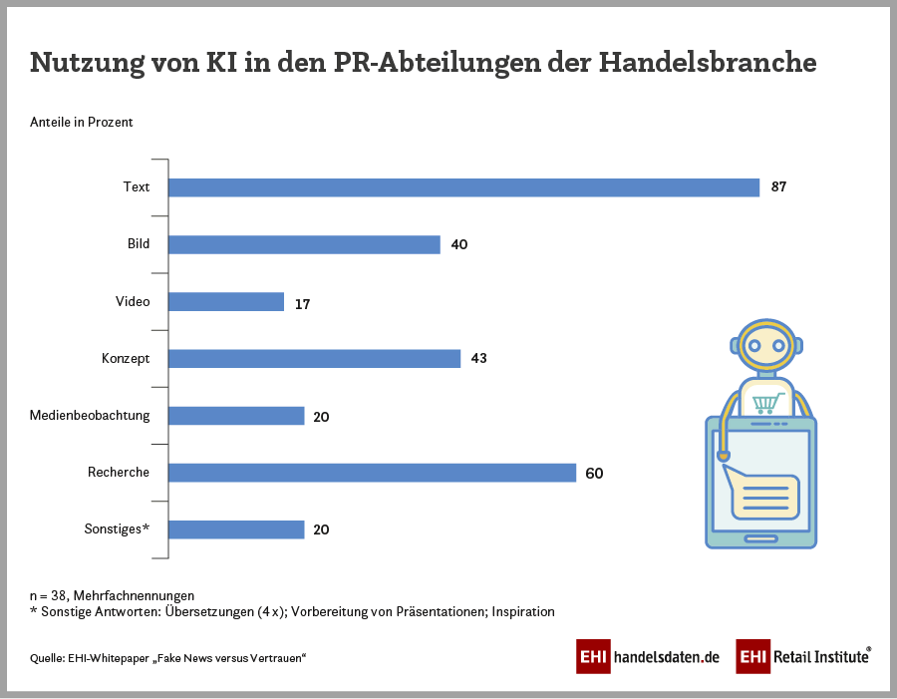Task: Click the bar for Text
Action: (463, 187)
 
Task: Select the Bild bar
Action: (304, 244)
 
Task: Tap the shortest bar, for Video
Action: (226, 302)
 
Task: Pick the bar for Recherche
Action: (372, 473)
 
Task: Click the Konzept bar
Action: (314, 359)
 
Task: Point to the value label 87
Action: (778, 187)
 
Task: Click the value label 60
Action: (594, 474)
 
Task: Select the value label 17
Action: (302, 303)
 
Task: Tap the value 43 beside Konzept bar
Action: (478, 359)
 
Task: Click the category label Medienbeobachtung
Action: (90, 416)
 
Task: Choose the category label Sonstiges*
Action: (117, 529)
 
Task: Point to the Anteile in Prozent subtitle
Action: (82, 123)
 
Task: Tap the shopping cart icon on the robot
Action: (766, 403)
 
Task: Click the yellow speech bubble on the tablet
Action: (763, 496)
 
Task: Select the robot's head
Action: (765, 346)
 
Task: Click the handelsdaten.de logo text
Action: (666, 657)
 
